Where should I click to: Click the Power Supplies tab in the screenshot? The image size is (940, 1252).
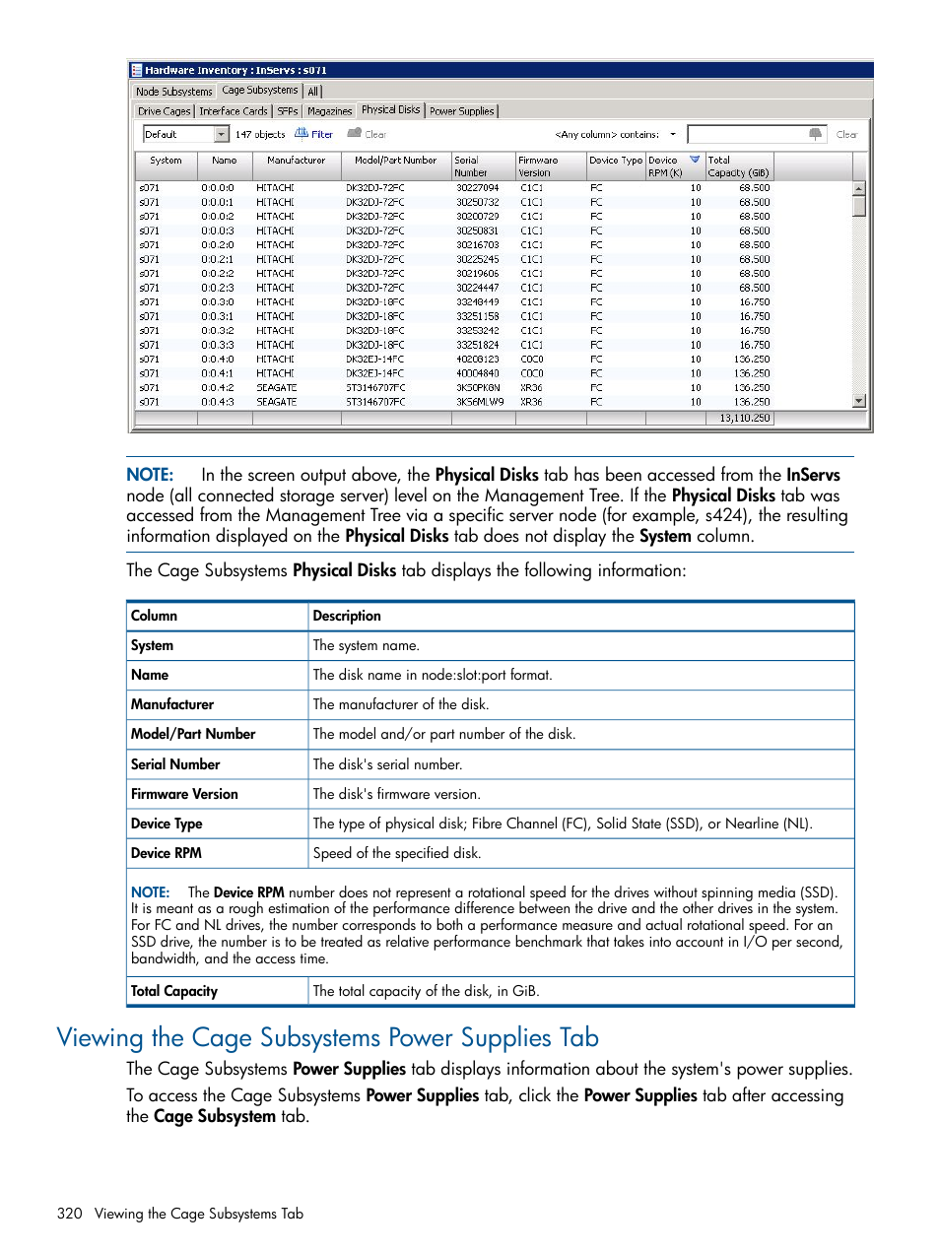click(x=461, y=111)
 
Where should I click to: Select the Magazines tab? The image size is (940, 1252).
click(x=329, y=111)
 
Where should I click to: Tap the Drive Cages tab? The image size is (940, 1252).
click(x=164, y=111)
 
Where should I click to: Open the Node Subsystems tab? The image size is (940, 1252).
click(x=173, y=92)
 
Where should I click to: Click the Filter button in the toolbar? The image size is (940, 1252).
click(x=314, y=134)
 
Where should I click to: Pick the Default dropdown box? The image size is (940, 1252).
click(x=185, y=134)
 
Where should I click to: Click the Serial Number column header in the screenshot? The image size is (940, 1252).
click(x=471, y=165)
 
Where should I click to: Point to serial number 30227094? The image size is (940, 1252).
click(x=477, y=187)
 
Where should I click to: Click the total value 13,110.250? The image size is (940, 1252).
click(x=744, y=418)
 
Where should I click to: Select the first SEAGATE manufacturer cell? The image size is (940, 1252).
click(x=276, y=387)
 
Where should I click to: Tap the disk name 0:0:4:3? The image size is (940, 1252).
click(x=218, y=402)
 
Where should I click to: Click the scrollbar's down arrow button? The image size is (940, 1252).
click(x=859, y=401)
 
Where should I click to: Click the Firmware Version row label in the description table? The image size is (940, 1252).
click(x=184, y=794)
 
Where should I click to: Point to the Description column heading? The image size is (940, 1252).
click(x=347, y=616)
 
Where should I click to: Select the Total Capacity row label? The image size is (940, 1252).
click(x=174, y=991)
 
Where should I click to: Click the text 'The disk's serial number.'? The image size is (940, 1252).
click(x=387, y=764)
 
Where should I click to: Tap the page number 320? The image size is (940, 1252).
click(x=70, y=1214)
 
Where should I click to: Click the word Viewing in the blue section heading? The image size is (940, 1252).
click(x=101, y=1037)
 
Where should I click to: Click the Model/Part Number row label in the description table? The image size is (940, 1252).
click(x=193, y=734)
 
